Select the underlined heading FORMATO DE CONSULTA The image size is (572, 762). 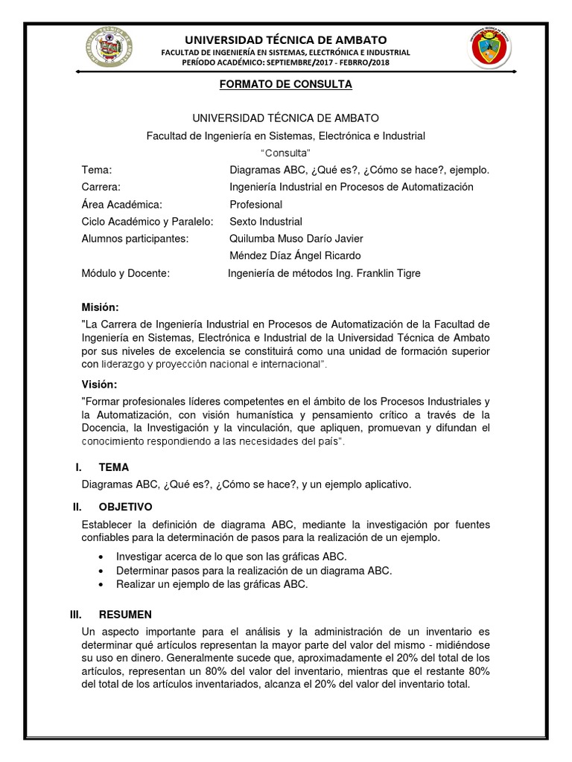(285, 85)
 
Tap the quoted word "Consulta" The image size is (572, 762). (285, 153)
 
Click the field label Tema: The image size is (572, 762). (97, 170)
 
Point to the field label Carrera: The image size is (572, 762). (101, 187)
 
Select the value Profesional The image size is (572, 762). (255, 204)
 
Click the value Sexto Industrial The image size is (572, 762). (265, 221)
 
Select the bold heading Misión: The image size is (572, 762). (100, 307)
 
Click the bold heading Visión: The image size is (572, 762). (99, 384)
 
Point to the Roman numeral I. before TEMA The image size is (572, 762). (77, 467)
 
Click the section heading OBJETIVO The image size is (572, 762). (125, 507)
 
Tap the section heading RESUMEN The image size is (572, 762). (124, 614)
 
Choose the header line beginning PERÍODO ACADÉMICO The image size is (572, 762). (286, 63)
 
